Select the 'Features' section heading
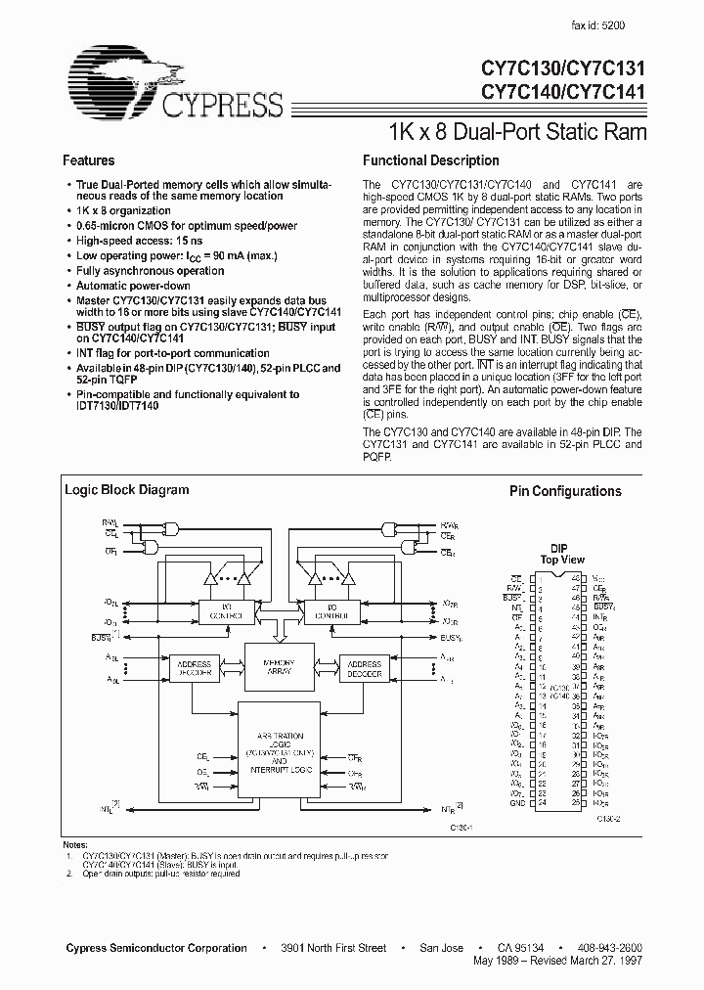pos(89,160)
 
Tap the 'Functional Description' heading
pos(430,160)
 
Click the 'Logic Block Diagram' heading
pos(126,490)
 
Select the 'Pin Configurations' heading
pos(565,491)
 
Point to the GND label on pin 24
pos(516,803)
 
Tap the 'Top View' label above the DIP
pos(563,561)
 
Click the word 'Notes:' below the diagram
pos(74,844)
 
